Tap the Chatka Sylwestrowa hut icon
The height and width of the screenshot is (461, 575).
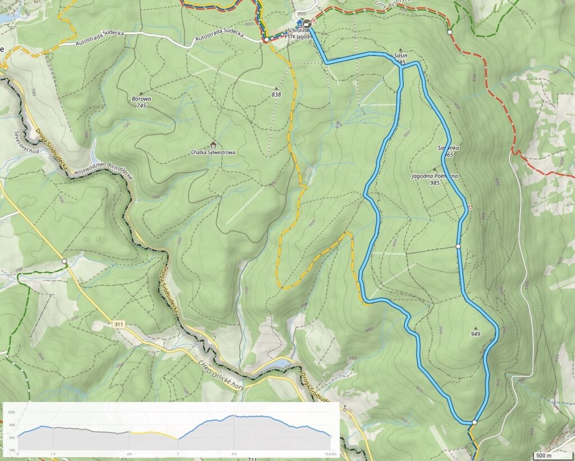point(213,144)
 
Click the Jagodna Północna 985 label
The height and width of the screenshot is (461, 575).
point(434,179)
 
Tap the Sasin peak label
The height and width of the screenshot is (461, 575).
point(400,57)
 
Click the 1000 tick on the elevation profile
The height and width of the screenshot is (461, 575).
point(11,412)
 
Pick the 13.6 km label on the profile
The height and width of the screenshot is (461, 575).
point(330,453)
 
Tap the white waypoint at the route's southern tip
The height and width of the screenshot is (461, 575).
point(474,422)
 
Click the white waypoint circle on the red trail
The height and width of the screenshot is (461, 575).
point(449,33)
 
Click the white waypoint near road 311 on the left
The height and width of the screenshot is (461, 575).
point(65,261)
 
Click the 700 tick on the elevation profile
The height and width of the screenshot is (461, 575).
point(11,450)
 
